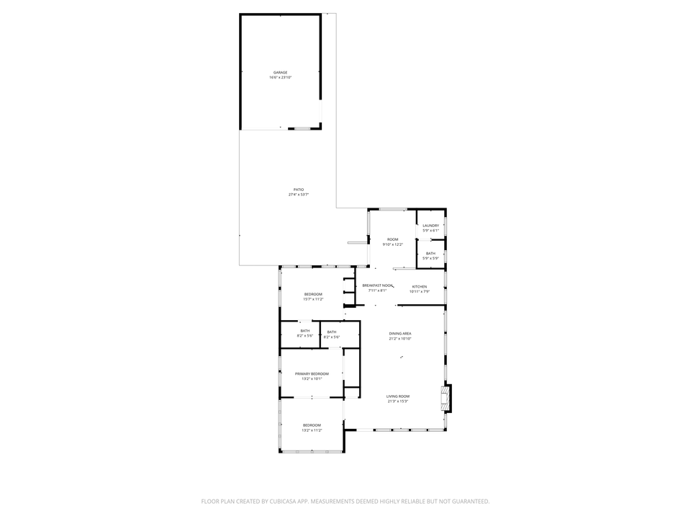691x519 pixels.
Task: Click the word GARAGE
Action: tap(280, 73)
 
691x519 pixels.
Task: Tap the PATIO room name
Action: tap(298, 190)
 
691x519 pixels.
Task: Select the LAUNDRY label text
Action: tap(430, 226)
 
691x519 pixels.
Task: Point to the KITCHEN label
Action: tap(419, 286)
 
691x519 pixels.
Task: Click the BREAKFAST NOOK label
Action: tap(378, 285)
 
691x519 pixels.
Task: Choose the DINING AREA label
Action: tap(400, 333)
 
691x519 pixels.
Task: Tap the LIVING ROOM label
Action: tap(398, 396)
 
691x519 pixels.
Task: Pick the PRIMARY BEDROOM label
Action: tap(312, 373)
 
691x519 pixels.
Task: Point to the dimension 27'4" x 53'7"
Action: tap(298, 195)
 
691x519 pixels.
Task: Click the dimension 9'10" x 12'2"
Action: tap(393, 244)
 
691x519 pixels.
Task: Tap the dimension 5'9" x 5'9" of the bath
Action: tap(430, 258)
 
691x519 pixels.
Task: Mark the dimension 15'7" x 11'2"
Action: tap(313, 299)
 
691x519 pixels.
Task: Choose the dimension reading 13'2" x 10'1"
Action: tap(312, 378)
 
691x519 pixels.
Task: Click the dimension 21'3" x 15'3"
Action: tap(398, 402)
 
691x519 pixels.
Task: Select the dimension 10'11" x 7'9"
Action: tap(419, 291)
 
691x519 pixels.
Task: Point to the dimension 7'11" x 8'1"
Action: tap(378, 290)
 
